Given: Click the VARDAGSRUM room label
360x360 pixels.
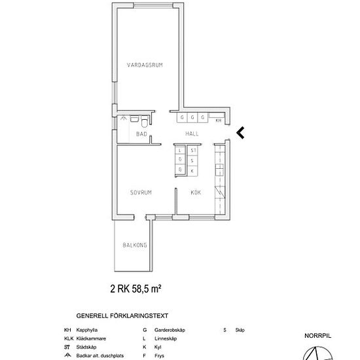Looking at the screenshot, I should click(x=145, y=64).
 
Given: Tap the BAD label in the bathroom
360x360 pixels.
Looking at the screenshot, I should click(x=141, y=134).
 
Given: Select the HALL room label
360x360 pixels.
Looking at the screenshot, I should click(x=192, y=134).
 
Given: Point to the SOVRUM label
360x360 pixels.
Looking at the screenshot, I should click(x=141, y=192).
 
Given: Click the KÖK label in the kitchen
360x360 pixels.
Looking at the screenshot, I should click(x=195, y=192).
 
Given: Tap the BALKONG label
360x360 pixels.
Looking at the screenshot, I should click(x=134, y=245).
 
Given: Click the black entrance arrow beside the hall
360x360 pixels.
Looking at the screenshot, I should click(x=240, y=133).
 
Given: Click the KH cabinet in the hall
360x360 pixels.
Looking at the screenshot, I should click(x=219, y=120).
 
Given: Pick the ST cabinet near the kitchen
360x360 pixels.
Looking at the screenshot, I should click(x=193, y=151).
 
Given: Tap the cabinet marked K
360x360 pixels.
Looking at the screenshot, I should click(x=192, y=170).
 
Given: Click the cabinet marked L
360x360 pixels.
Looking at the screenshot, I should click(x=180, y=151).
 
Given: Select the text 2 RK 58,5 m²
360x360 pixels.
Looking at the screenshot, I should click(x=135, y=287).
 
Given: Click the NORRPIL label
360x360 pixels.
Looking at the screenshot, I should click(x=317, y=336).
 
